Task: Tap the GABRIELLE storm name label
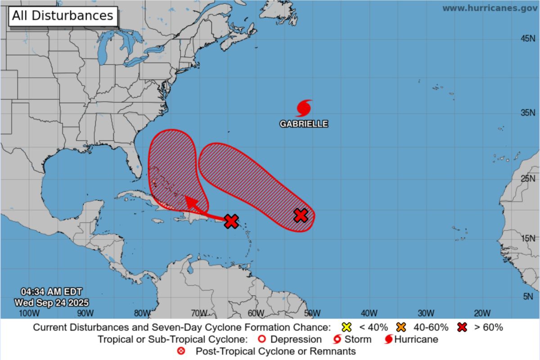(x=304, y=124)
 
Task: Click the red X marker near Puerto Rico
(x=231, y=221)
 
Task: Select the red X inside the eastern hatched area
(x=301, y=215)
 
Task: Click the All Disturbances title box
(x=63, y=16)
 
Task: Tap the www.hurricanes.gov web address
(x=489, y=8)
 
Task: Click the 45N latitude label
(x=527, y=39)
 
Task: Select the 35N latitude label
(x=527, y=112)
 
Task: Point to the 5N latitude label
(x=527, y=296)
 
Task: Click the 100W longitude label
(x=27, y=313)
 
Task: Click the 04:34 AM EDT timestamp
(x=51, y=292)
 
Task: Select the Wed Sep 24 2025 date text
(x=51, y=302)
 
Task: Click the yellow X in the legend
(x=346, y=327)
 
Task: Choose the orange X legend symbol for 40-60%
(x=402, y=327)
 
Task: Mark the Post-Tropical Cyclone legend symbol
(x=181, y=351)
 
